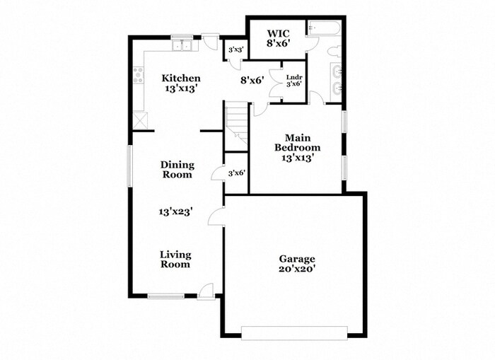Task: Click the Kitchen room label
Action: coord(181,83)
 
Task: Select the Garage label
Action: coord(296,264)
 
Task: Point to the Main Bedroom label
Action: coord(298,143)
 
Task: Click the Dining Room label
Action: coord(177,169)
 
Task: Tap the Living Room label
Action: coord(175,259)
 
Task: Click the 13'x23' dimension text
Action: coord(176,210)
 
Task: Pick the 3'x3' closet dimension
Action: coord(234,51)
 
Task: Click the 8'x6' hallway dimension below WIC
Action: coord(252,80)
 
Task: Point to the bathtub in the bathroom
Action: coord(325,29)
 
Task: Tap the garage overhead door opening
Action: coord(293,332)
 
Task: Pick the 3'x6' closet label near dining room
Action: coord(237,173)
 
